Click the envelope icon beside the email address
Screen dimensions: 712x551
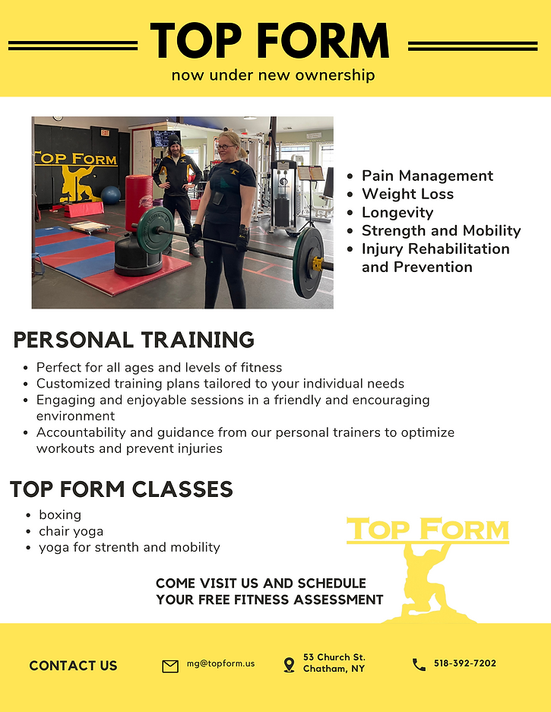pos(170,666)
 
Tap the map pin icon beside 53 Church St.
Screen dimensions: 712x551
pos(289,665)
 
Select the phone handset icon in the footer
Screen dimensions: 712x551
pos(419,665)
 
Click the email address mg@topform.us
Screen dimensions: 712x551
pos(220,663)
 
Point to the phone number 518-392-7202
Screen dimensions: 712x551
pos(465,663)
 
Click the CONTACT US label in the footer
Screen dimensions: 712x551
pos(73,666)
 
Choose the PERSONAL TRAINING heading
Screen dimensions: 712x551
pos(134,340)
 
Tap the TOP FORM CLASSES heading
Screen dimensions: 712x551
pos(122,489)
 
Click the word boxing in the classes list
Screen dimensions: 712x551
pos(60,514)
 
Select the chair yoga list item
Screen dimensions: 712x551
pos(71,531)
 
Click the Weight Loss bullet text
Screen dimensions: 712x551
pos(407,194)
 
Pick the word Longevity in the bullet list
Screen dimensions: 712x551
pos(397,212)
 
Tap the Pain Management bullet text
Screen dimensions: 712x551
pos(427,176)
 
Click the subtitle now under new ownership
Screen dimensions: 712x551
pos(273,75)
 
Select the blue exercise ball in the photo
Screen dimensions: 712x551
pos(111,195)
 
